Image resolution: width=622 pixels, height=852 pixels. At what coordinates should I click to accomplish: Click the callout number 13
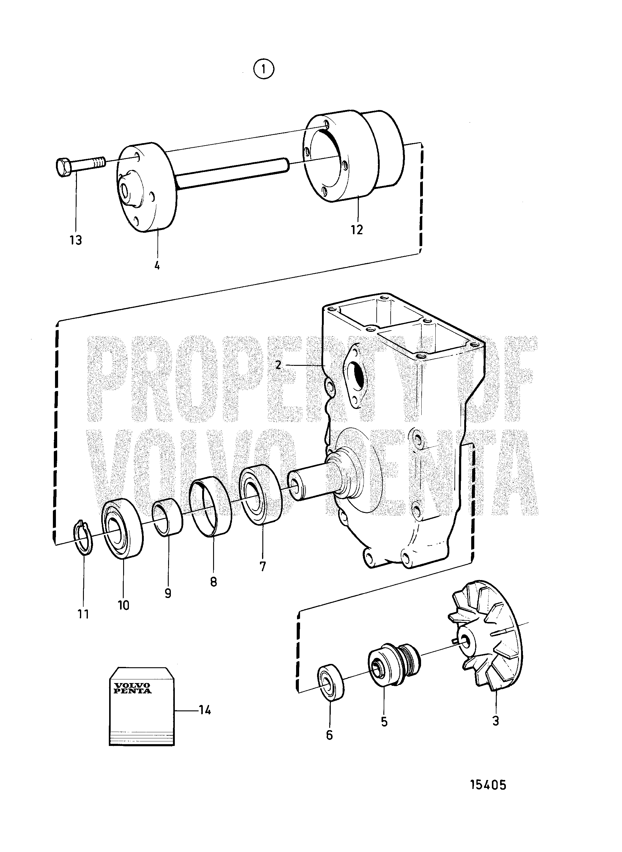(x=76, y=240)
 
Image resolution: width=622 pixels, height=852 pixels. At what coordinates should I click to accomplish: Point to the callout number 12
(x=357, y=229)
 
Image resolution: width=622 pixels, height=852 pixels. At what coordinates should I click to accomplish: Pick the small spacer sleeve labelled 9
(x=168, y=517)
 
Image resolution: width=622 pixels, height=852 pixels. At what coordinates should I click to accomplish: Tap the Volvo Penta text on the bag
(x=133, y=688)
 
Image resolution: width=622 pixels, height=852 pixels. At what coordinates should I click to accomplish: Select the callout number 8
(x=213, y=582)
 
